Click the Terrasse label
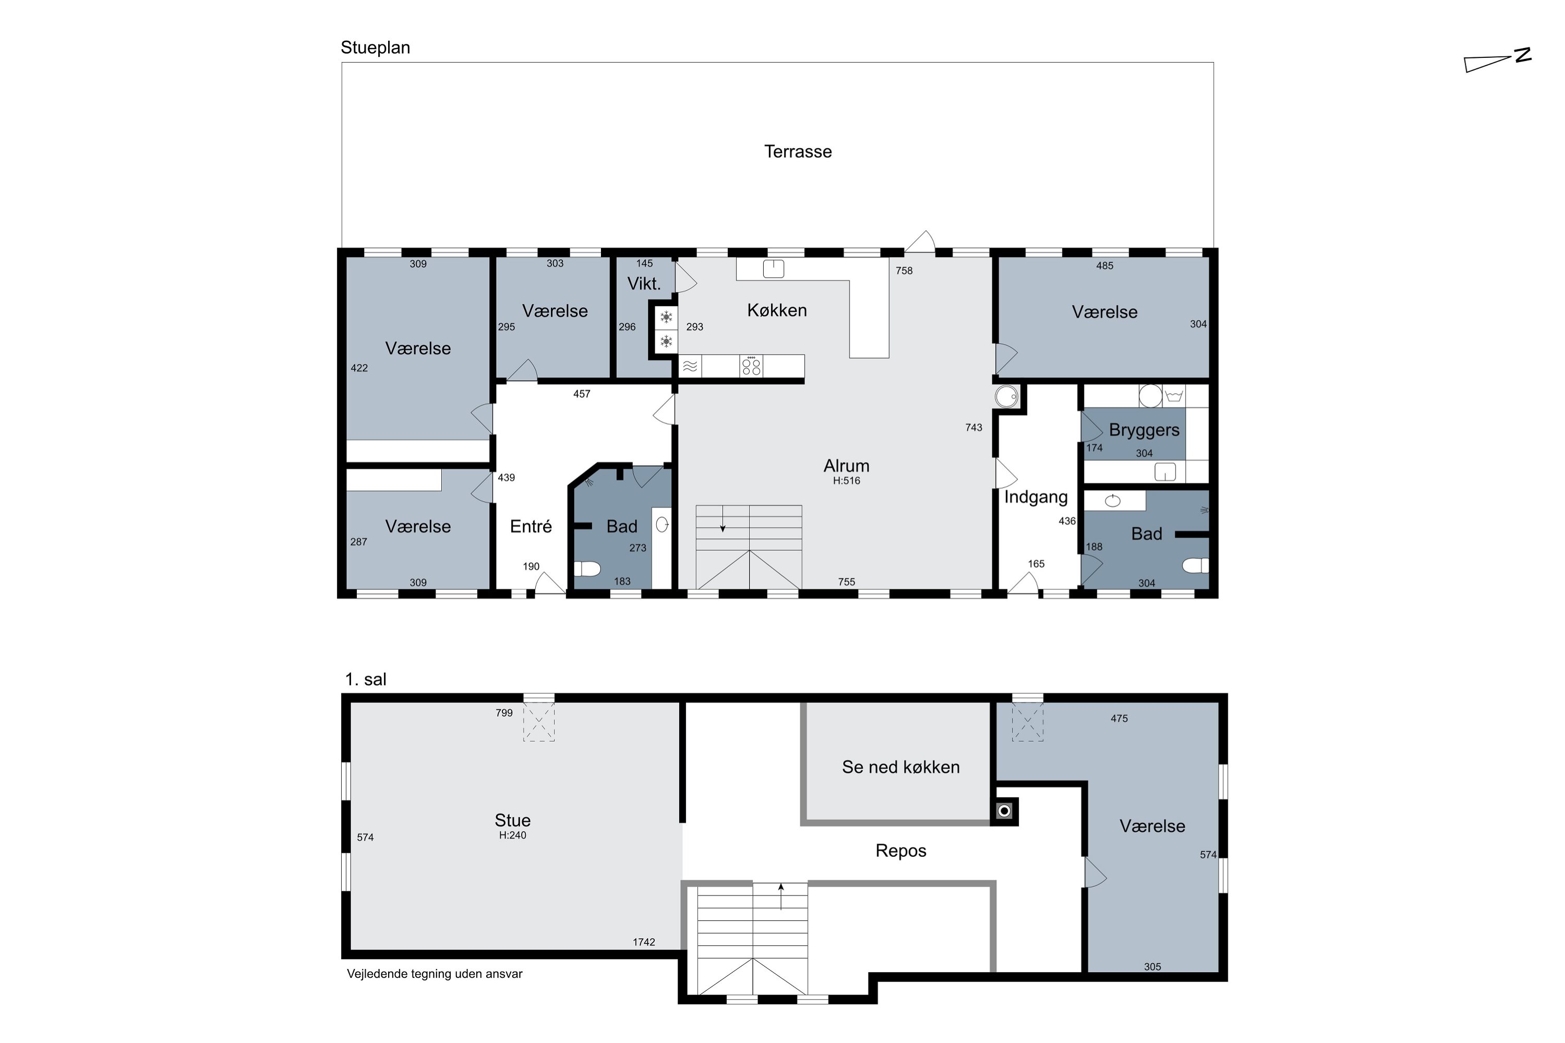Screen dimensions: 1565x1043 point(798,152)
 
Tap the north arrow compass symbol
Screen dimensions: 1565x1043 point(1498,60)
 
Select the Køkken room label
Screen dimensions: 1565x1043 point(777,310)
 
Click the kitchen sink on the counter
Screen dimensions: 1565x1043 point(773,269)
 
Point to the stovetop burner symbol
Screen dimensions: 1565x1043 point(751,366)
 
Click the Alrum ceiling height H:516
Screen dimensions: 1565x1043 point(846,481)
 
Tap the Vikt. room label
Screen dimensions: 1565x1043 point(643,283)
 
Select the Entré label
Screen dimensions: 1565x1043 point(531,526)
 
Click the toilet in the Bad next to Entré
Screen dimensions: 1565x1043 point(587,569)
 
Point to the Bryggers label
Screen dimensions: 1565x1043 point(1144,430)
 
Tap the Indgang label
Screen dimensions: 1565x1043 point(1036,498)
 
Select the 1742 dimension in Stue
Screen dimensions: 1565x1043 point(643,942)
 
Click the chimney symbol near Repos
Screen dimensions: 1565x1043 point(1004,811)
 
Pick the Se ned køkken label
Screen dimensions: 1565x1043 point(900,767)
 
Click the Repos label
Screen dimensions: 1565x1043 point(900,851)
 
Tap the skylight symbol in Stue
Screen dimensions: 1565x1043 point(538,722)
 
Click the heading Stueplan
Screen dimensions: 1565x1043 point(375,48)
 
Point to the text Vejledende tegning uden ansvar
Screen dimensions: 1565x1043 point(435,974)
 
